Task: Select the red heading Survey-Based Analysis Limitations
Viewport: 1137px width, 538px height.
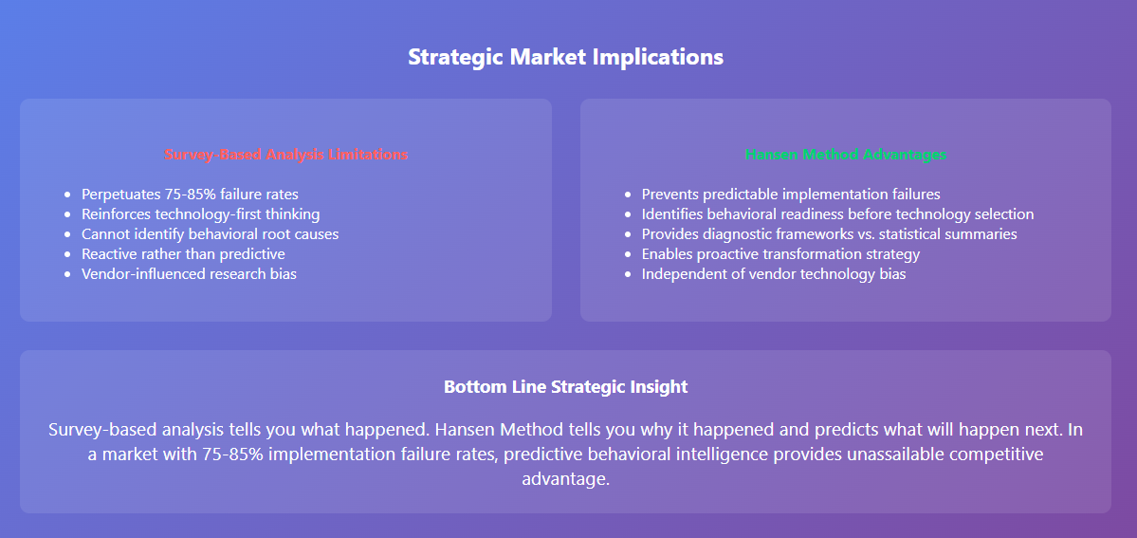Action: tap(285, 155)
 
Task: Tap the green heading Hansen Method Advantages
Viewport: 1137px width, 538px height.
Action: tap(846, 155)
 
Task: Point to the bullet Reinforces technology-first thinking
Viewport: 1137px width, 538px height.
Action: tap(201, 214)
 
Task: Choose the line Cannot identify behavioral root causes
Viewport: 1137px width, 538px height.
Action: tap(211, 233)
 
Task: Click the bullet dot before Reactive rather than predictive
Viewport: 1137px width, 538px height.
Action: tap(68, 255)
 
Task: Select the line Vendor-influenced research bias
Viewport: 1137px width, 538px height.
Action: tap(190, 274)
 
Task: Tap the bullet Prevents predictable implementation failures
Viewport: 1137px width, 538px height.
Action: tap(791, 195)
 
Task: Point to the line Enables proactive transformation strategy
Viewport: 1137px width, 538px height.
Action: tap(781, 254)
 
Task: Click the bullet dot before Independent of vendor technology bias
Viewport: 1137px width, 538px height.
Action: tap(628, 275)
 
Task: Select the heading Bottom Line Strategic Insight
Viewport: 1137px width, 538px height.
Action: tap(565, 387)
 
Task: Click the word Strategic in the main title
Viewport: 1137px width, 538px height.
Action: tap(457, 57)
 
